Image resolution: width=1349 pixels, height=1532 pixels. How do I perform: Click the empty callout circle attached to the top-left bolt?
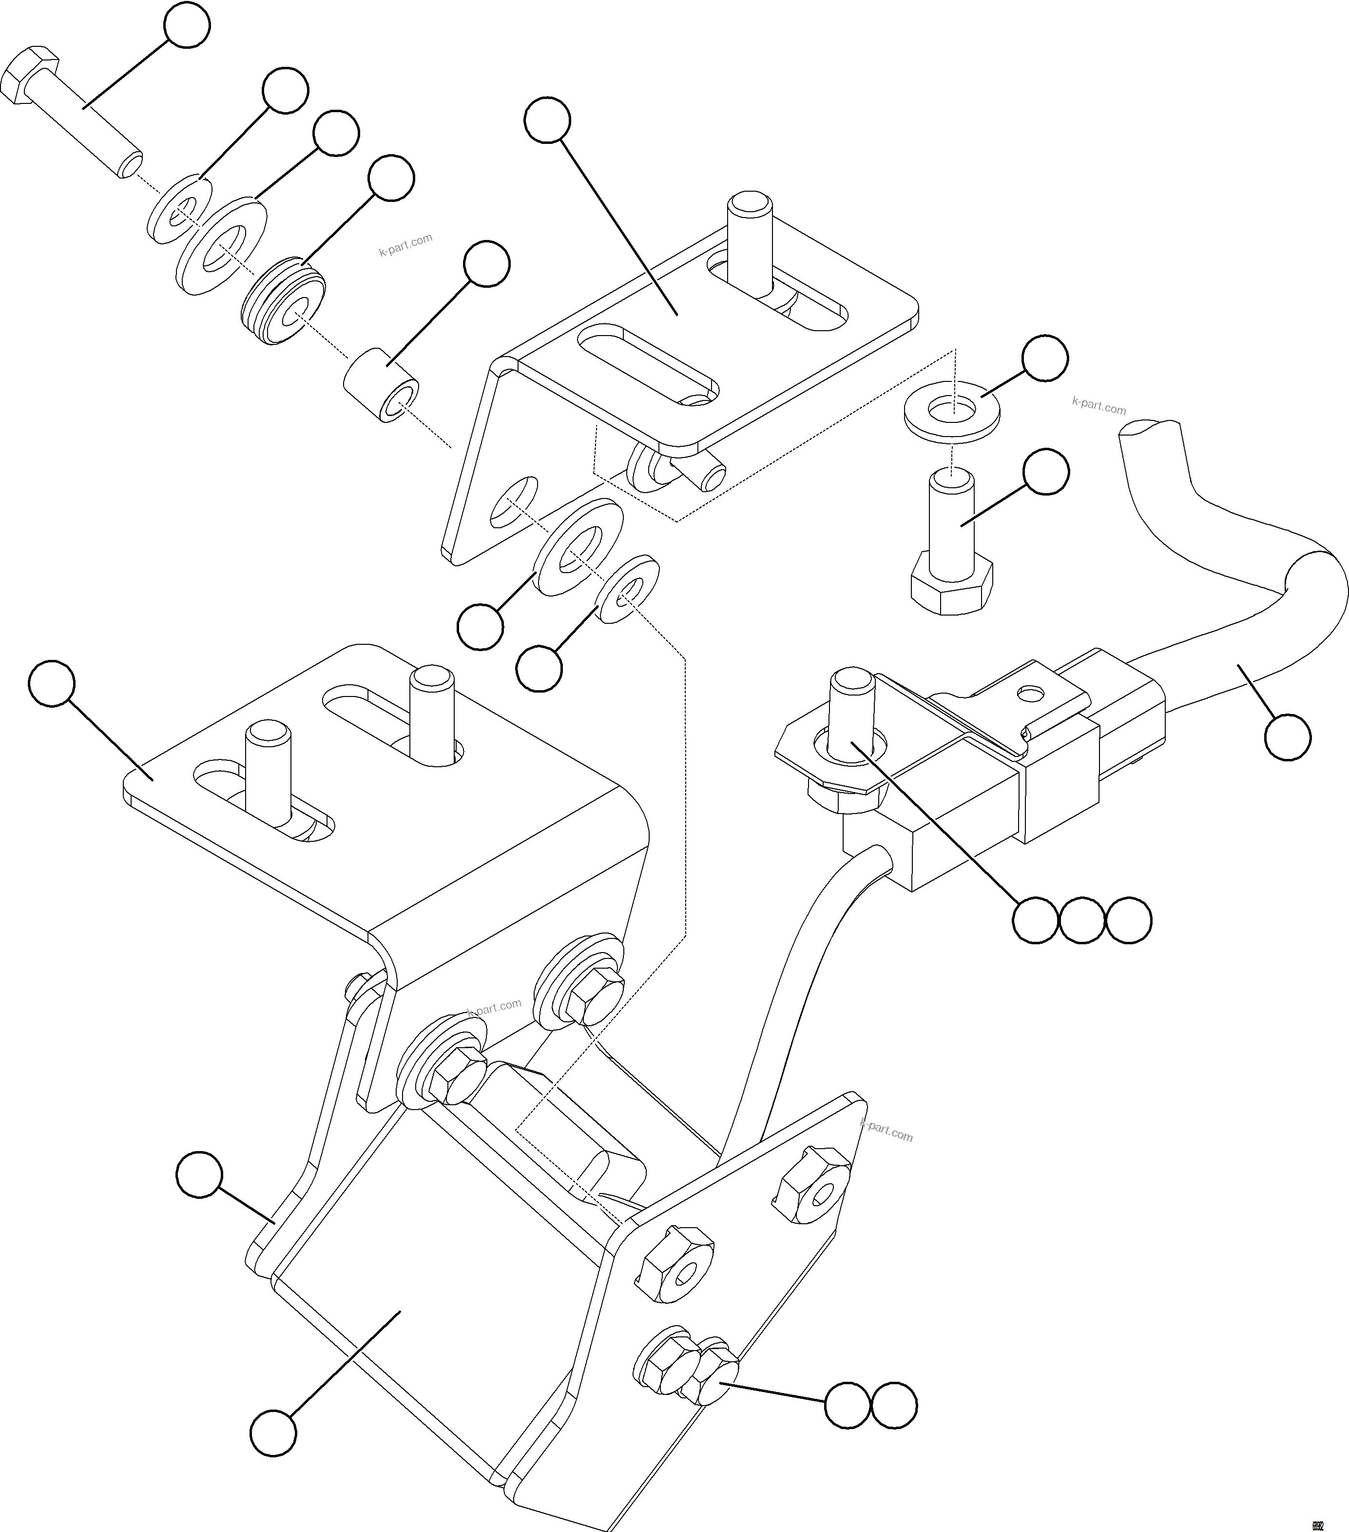point(187,25)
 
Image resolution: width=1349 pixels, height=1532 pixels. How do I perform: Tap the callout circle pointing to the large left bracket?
point(52,683)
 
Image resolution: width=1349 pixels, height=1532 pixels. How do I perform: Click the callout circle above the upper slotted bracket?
point(547,120)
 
